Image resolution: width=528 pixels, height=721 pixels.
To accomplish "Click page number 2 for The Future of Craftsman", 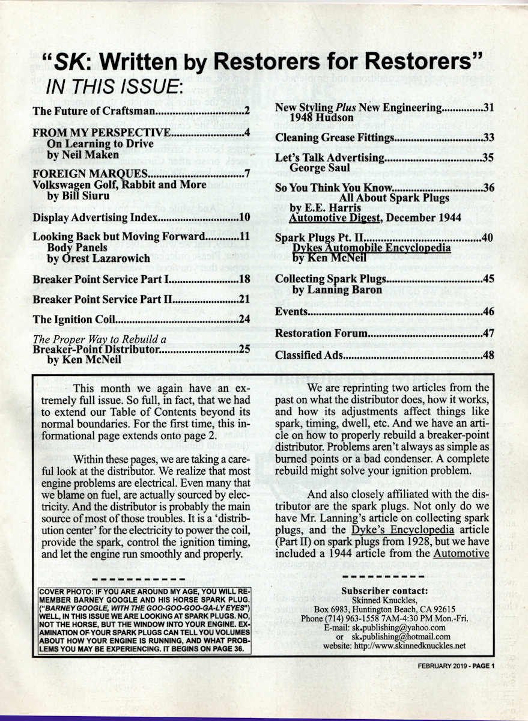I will click(x=246, y=111).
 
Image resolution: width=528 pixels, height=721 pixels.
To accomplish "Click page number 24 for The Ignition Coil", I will click(x=244, y=319).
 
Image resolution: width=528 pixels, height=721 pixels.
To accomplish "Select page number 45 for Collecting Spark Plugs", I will click(x=488, y=279).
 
